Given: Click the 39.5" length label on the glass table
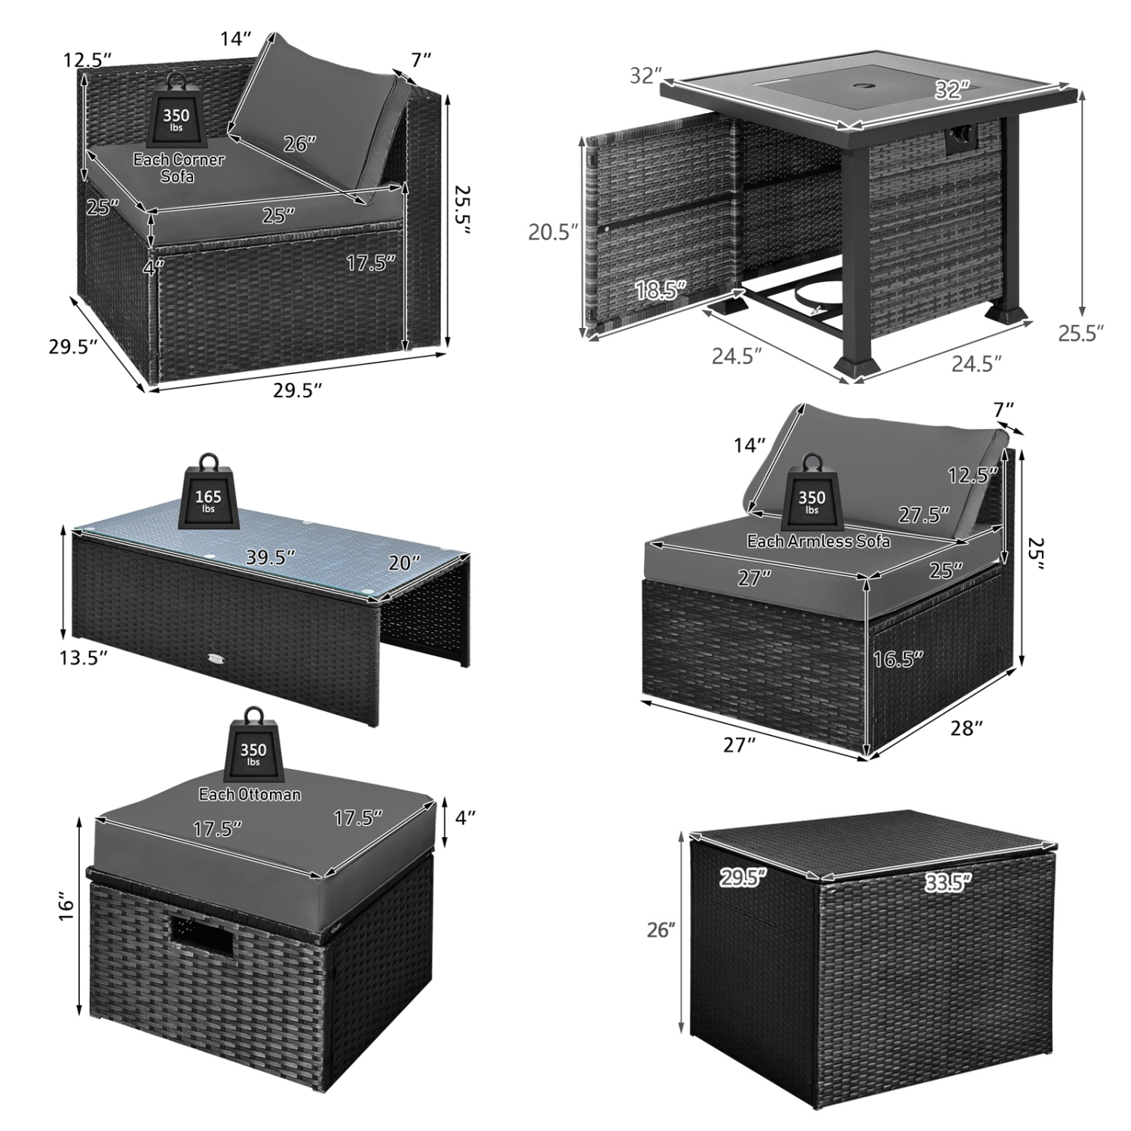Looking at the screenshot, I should point(270,557).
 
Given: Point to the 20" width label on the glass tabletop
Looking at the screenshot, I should point(406,562).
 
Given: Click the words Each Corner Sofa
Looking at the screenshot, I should point(179,167).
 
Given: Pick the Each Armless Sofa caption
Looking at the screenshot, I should point(818,541).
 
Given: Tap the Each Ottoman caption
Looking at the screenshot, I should point(250,794).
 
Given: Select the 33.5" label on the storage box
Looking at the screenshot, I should point(948,881).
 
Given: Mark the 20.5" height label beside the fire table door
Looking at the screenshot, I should point(553,232).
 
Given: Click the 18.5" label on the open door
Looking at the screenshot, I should point(661,290).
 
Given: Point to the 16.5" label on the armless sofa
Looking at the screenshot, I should point(897,659).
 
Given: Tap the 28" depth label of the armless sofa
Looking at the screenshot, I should point(967,728).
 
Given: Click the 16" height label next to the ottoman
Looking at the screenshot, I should point(67,907).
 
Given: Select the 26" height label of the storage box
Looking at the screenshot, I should point(660,930).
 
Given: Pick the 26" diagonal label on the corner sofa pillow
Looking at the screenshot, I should point(299,143).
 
